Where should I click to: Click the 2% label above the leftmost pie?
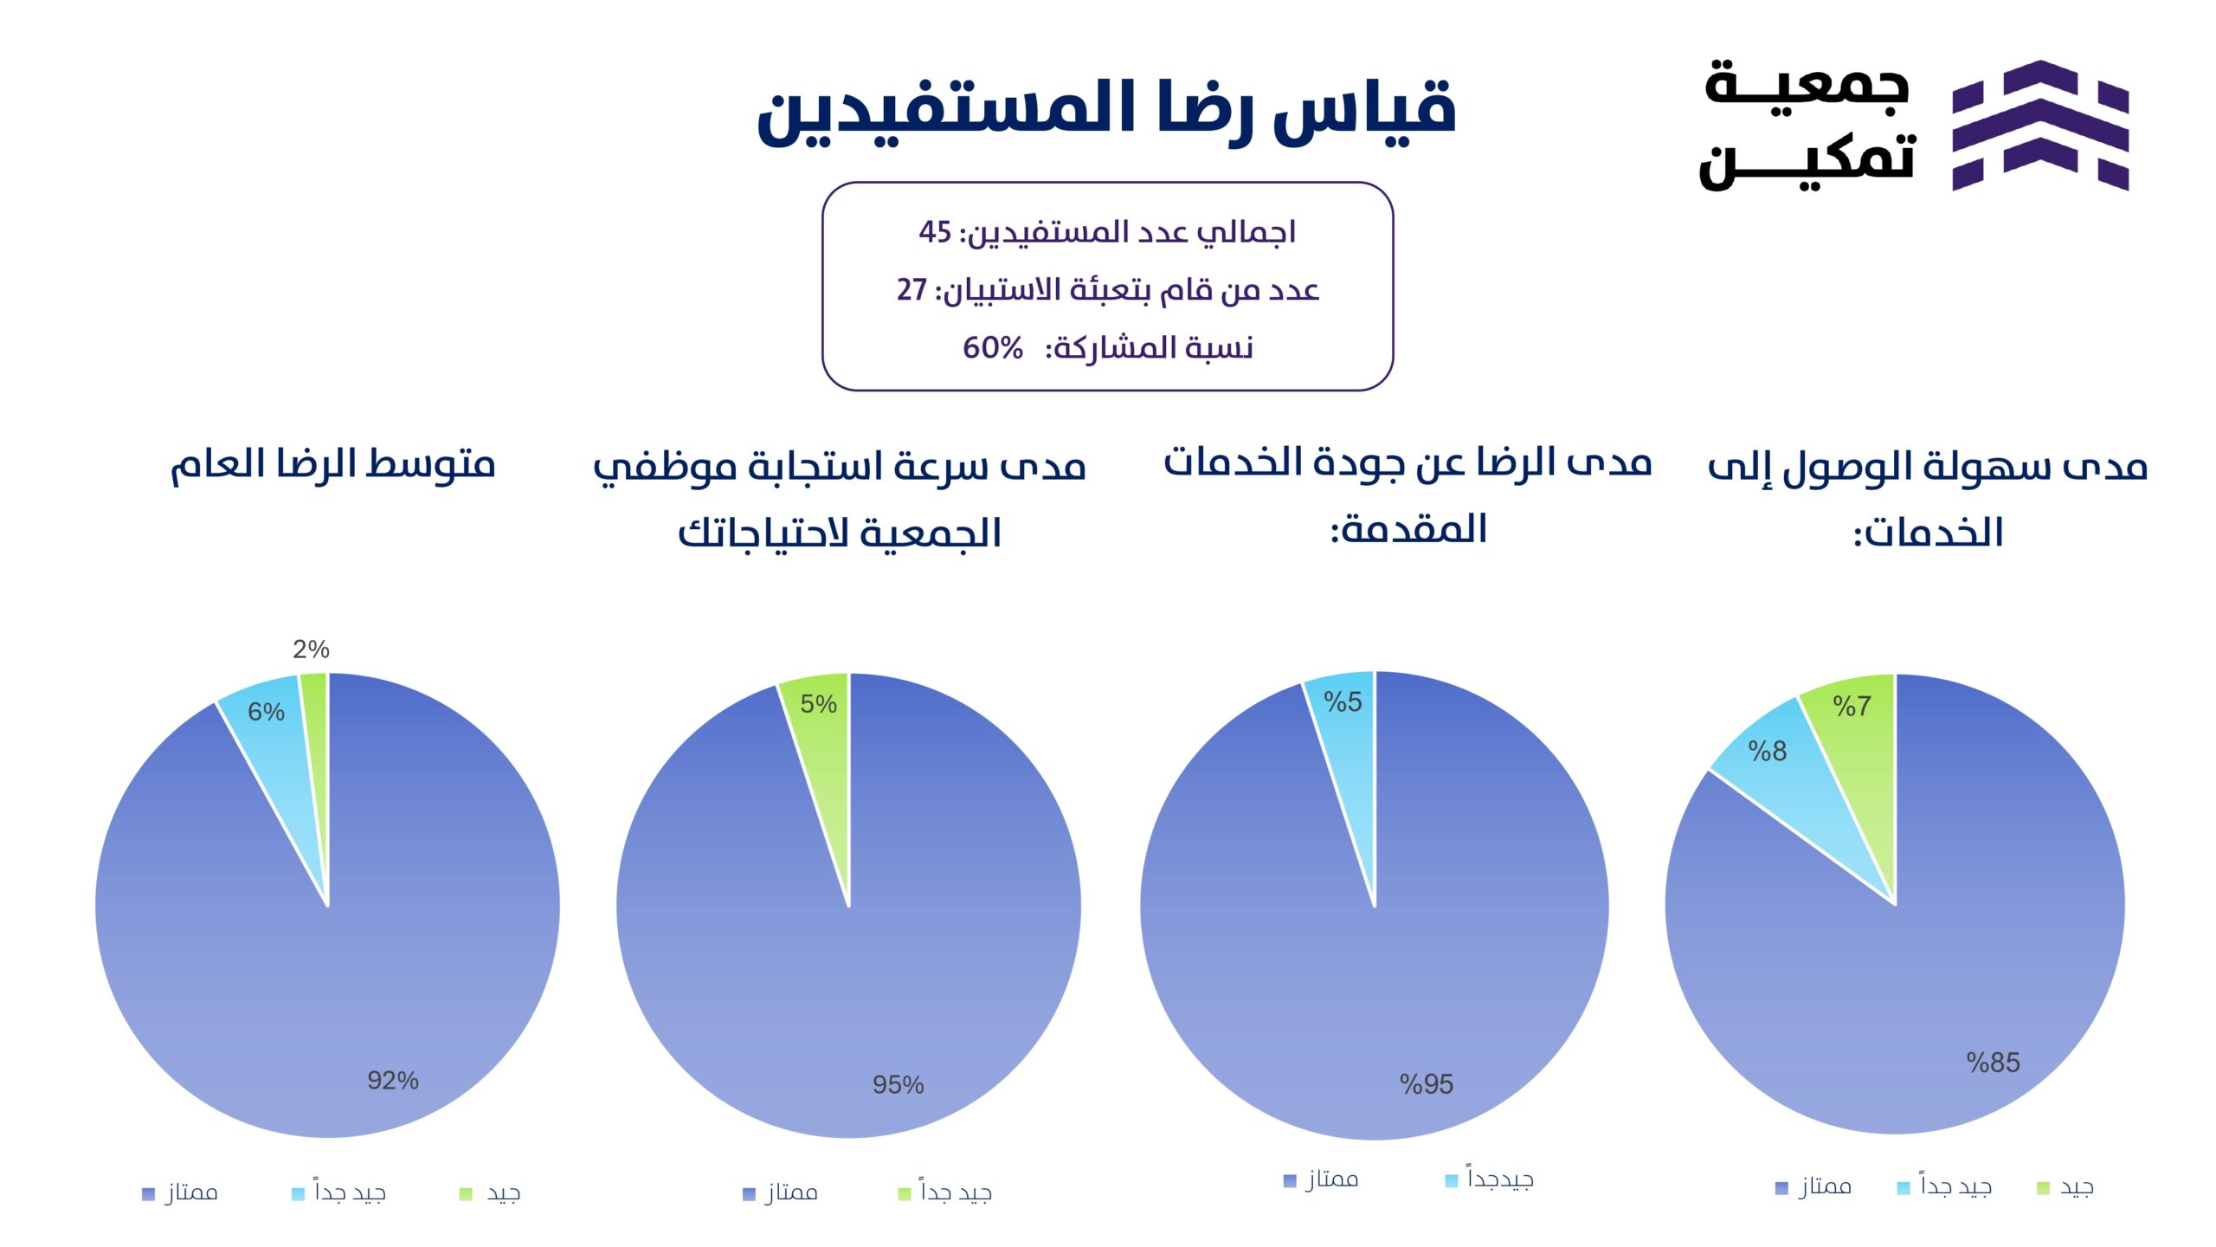pyautogui.click(x=311, y=649)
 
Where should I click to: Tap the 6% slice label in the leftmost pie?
pyautogui.click(x=266, y=712)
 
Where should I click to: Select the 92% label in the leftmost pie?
pyautogui.click(x=393, y=1080)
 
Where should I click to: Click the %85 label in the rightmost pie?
pyautogui.click(x=1993, y=1063)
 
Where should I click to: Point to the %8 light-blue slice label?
pyautogui.click(x=1767, y=751)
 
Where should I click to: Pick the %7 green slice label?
pyautogui.click(x=1852, y=707)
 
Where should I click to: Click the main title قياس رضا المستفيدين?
pyautogui.click(x=1106, y=113)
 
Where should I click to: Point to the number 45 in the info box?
pyautogui.click(x=935, y=232)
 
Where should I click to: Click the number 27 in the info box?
pyautogui.click(x=912, y=290)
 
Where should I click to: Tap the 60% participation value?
pyautogui.click(x=993, y=348)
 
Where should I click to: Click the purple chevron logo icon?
pyautogui.click(x=2040, y=125)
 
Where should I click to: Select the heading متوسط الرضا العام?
pyautogui.click(x=332, y=465)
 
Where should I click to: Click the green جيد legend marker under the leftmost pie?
pyautogui.click(x=466, y=1194)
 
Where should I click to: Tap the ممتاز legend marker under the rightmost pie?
pyautogui.click(x=1781, y=1188)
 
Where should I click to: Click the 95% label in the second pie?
pyautogui.click(x=898, y=1084)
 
